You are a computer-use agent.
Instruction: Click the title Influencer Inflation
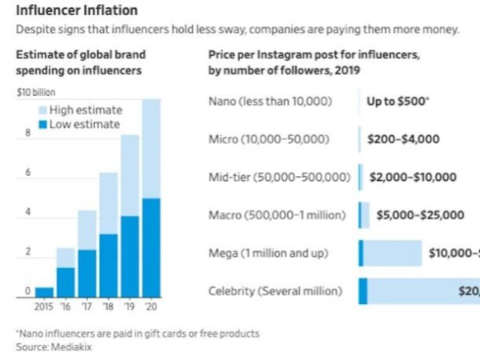[x=76, y=11]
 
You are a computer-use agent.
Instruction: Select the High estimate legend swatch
[x=43, y=110]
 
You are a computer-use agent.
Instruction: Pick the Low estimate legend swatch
[x=43, y=124]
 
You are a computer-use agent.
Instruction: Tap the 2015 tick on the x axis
[x=45, y=306]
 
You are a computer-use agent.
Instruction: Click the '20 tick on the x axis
[x=150, y=306]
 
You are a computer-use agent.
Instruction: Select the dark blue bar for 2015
[x=45, y=292]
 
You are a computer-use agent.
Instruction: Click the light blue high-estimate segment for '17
[x=87, y=230]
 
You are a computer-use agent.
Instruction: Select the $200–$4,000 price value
[x=403, y=139]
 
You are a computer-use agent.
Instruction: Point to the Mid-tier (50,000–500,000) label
[x=279, y=177]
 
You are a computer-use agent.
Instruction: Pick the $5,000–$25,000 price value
[x=421, y=214]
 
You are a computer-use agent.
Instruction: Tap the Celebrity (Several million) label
[x=275, y=291]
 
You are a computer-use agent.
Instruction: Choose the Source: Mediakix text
[x=50, y=346]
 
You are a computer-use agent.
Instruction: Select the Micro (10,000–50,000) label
[x=269, y=139]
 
